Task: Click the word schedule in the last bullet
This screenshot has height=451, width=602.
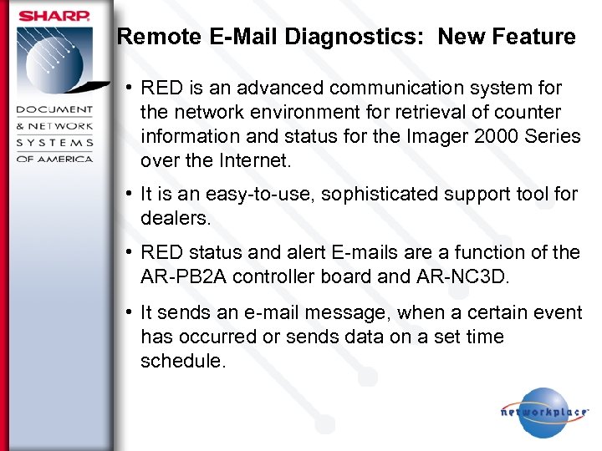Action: coord(181,360)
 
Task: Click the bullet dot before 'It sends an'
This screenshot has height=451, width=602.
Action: coord(129,312)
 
